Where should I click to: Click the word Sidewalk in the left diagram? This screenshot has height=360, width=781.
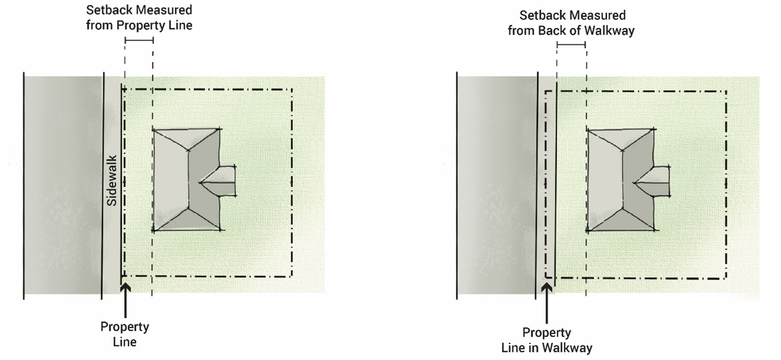point(112,181)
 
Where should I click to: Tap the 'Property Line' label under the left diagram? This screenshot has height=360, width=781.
point(125,334)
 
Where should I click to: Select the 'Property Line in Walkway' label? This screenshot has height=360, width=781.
point(547,340)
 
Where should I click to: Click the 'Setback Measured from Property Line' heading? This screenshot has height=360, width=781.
point(139,18)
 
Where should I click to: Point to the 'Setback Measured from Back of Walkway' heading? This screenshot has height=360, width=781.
point(571,23)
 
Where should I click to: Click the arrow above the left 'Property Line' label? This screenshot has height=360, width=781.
point(125,301)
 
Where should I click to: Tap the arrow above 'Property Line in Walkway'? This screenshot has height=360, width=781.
point(547,303)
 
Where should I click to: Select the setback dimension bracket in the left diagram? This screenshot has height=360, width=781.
point(139,41)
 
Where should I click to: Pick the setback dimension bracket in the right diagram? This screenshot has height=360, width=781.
point(571,45)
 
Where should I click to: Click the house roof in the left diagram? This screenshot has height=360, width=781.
point(187,179)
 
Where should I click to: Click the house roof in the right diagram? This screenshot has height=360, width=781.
point(621,180)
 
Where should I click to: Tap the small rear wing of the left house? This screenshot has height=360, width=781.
point(220,181)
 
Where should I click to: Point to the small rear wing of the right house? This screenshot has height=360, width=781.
point(652,182)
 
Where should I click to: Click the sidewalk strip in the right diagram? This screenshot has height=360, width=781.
point(546,185)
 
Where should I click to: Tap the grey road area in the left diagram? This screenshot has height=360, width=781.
point(63,185)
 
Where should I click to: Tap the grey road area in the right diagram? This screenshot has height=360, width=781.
point(497,185)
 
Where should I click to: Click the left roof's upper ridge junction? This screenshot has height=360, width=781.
point(188,151)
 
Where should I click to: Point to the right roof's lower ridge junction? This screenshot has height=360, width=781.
point(622,209)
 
